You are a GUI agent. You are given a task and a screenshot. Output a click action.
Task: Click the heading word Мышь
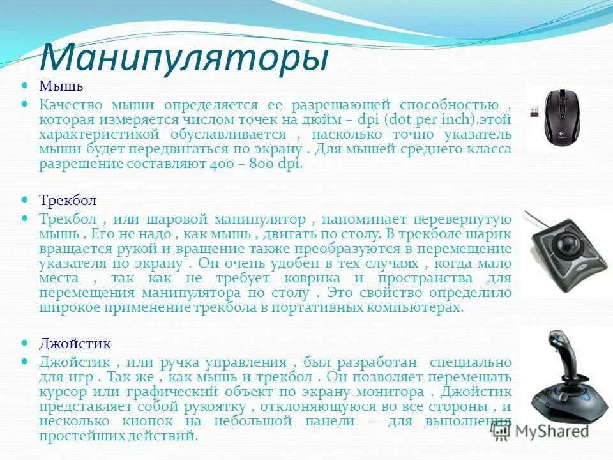pos(61,86)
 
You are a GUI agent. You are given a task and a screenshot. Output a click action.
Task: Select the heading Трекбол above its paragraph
pos(68,201)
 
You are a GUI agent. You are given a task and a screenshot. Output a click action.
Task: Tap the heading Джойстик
pos(75,343)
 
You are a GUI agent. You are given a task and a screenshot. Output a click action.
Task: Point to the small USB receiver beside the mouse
pos(534,112)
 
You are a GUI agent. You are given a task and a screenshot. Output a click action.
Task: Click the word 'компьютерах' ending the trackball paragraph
pos(422,307)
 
